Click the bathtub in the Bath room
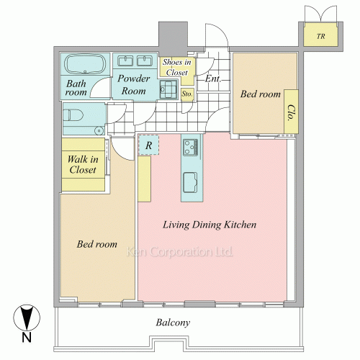click(85, 64)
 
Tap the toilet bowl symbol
click(73, 115)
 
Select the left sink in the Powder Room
click(125, 60)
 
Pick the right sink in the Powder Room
click(145, 60)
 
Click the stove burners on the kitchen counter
click(191, 147)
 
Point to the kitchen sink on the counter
click(190, 182)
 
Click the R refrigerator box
click(149, 145)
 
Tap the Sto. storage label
click(187, 94)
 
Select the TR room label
click(320, 36)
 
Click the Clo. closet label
click(291, 112)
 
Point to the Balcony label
click(173, 323)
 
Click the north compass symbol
click(27, 318)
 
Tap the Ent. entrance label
click(212, 78)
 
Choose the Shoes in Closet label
click(177, 67)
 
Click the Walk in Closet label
click(83, 164)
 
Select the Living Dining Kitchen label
click(210, 225)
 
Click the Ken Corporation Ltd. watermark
click(179, 252)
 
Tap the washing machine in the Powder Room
click(168, 89)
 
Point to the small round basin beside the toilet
click(99, 131)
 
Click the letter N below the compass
click(27, 338)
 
